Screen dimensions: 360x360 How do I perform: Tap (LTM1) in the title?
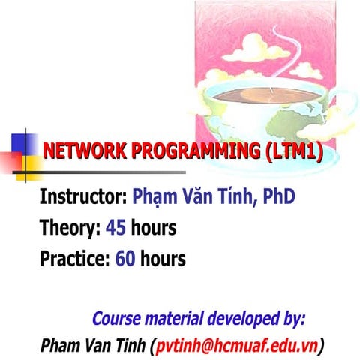(293, 152)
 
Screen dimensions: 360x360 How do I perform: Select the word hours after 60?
(162, 259)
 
